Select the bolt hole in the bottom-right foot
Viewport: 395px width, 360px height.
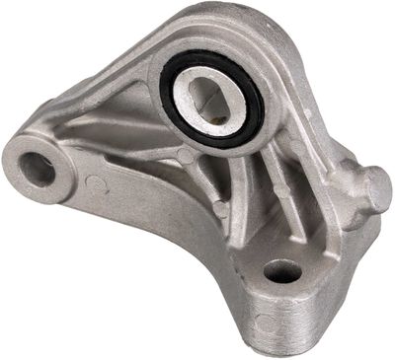[x=283, y=270]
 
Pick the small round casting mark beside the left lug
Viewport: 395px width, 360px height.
[x=93, y=181]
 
